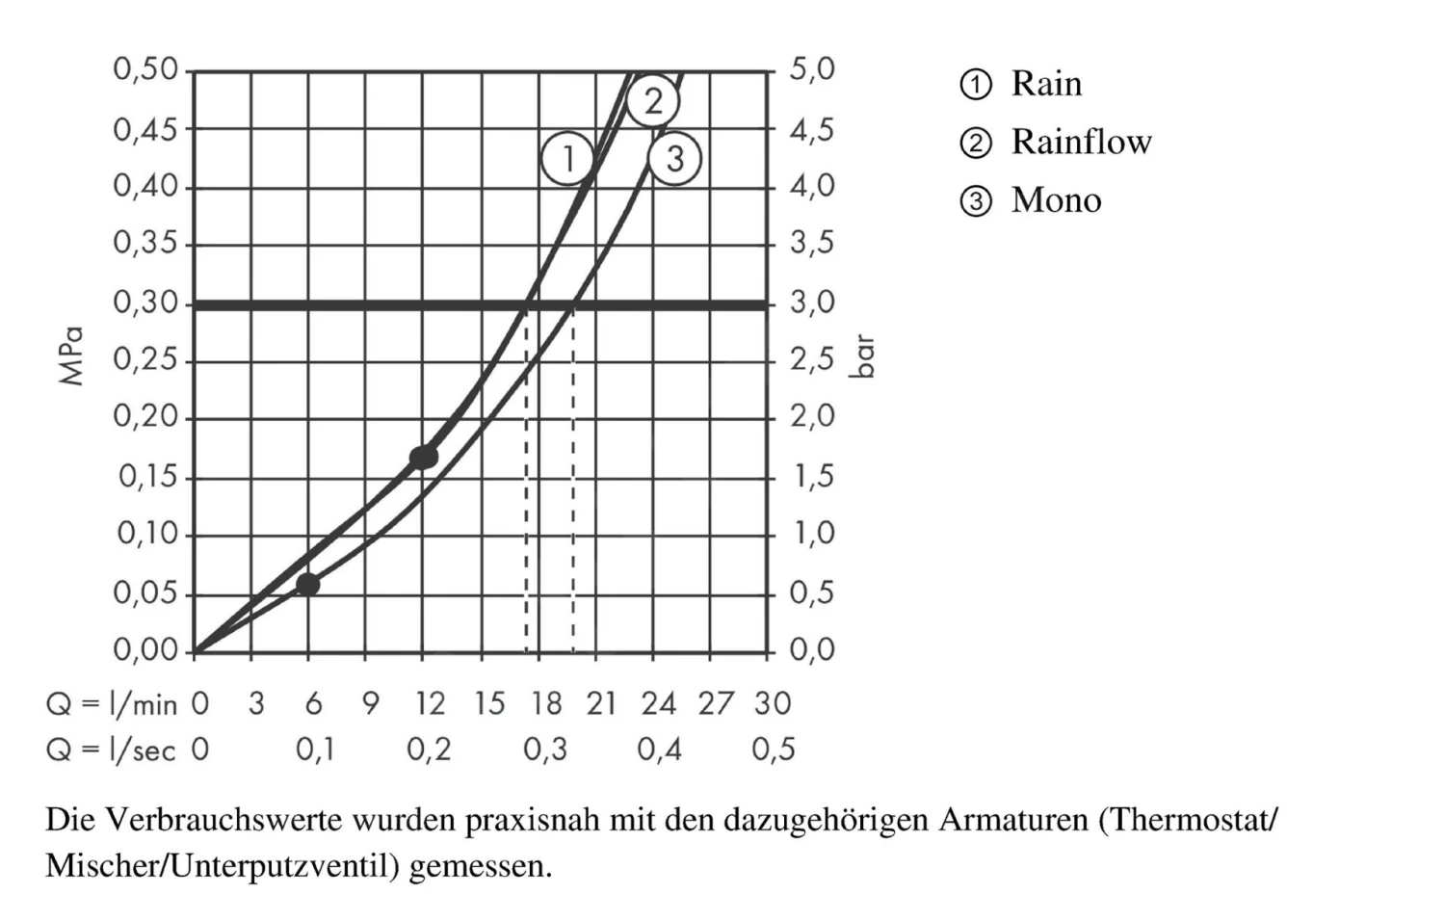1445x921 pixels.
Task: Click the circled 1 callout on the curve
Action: [x=567, y=158]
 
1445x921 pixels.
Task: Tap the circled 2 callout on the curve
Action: [x=653, y=100]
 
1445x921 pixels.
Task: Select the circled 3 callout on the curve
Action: [x=674, y=158]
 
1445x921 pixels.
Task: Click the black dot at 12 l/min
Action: [x=423, y=458]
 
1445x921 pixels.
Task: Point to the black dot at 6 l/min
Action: [x=307, y=584]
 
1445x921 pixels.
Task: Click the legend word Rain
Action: [x=1046, y=84]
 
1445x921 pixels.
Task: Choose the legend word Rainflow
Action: [x=1081, y=143]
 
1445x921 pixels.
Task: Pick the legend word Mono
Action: [x=1056, y=200]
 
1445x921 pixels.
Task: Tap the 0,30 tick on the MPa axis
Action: [x=146, y=303]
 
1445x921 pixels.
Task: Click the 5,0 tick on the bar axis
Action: [x=812, y=69]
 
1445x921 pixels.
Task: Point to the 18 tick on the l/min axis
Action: [x=546, y=704]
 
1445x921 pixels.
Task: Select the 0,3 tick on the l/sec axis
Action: [x=545, y=750]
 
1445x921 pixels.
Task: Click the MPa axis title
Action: [x=72, y=356]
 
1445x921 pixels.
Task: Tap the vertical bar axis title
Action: [x=863, y=356]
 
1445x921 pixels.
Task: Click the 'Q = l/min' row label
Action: [x=112, y=704]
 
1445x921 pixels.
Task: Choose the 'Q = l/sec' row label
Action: [x=112, y=750]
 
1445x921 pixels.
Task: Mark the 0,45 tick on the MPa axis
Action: [x=146, y=128]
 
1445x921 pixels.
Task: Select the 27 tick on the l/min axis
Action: [x=716, y=704]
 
